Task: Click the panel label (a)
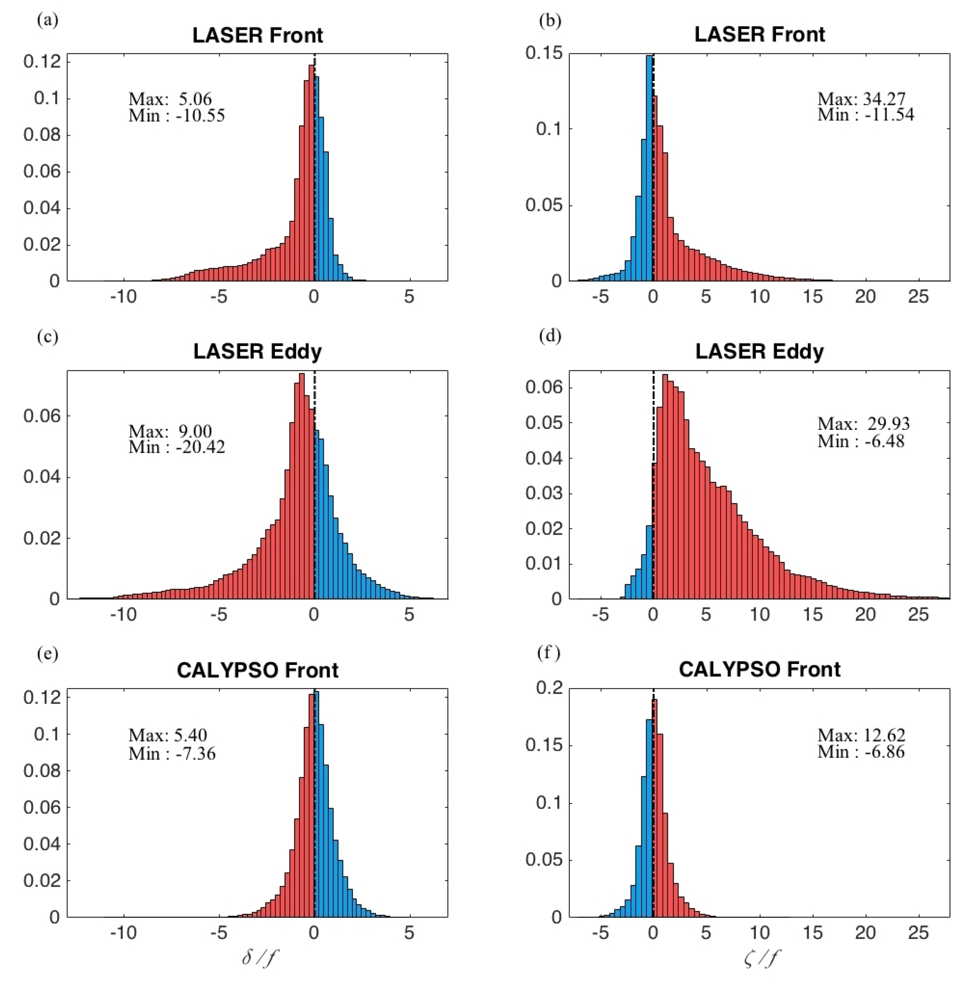coord(48,20)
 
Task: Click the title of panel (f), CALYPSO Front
coord(759,669)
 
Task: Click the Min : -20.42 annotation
coord(177,447)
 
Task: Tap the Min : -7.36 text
coord(172,753)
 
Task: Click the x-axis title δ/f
coord(260,958)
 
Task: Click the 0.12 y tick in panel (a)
coord(42,62)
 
